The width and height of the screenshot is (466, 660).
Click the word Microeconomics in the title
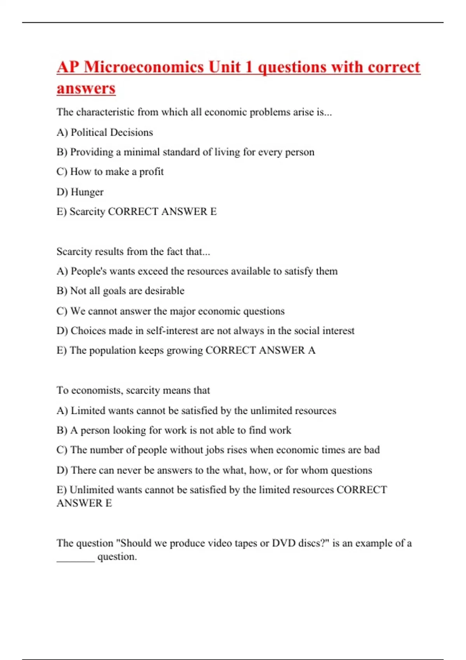coord(144,67)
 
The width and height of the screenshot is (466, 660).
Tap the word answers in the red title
coord(86,88)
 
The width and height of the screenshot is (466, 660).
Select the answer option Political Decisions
coord(112,132)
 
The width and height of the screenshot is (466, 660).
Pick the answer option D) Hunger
coord(80,192)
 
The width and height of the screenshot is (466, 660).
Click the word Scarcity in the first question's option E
coord(87,212)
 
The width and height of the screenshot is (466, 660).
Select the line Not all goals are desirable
coord(120,291)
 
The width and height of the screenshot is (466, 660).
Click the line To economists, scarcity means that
coord(133,390)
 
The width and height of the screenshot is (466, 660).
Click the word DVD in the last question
coord(283,543)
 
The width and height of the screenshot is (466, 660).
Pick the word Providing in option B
coord(92,152)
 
